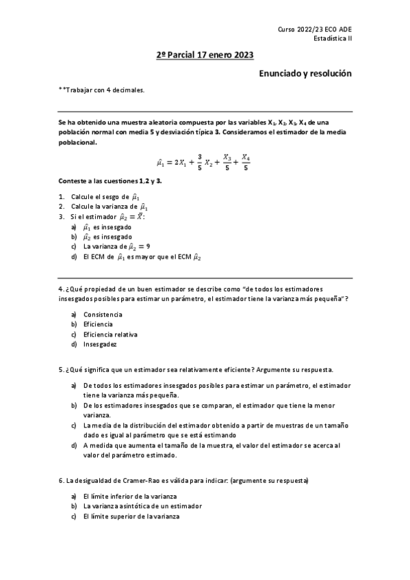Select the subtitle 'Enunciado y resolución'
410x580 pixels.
point(305,72)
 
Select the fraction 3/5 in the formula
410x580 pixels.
point(199,162)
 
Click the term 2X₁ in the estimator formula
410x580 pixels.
point(181,162)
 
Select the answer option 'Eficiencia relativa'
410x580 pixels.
point(110,334)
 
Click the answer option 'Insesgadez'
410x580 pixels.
point(101,345)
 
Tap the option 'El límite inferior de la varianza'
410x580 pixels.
point(130,495)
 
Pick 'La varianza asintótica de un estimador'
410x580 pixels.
point(142,505)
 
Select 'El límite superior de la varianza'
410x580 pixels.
point(131,516)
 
